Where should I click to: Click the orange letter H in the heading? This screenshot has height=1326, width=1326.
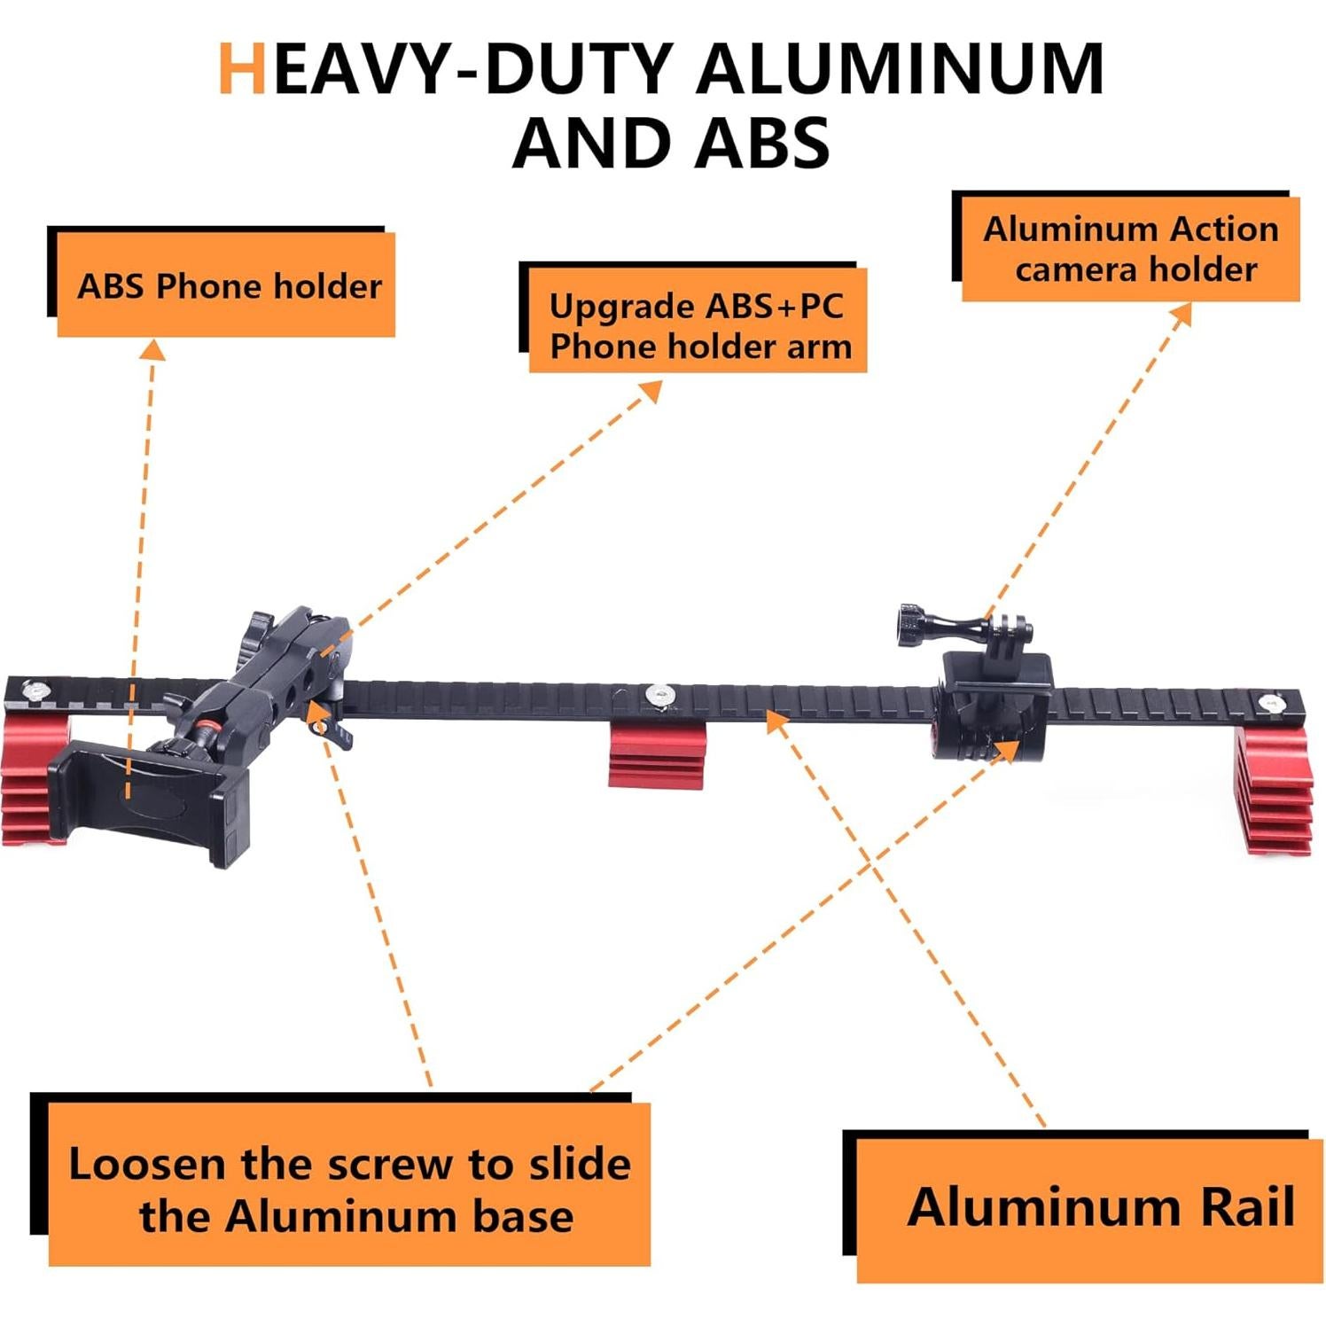click(242, 68)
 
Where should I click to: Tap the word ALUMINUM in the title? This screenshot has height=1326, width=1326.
click(901, 68)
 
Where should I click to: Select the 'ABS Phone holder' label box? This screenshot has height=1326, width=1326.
click(226, 285)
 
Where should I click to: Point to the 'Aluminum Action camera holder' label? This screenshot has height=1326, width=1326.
click(1131, 249)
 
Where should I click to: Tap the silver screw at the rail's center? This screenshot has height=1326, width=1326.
click(658, 695)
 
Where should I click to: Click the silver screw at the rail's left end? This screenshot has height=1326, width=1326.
click(36, 689)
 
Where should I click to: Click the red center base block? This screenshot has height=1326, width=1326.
click(657, 754)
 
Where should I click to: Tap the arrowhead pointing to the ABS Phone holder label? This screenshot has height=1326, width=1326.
click(152, 350)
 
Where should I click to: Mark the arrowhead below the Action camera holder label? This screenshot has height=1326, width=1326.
click(1181, 316)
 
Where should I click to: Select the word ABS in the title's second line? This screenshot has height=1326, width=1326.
click(761, 143)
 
